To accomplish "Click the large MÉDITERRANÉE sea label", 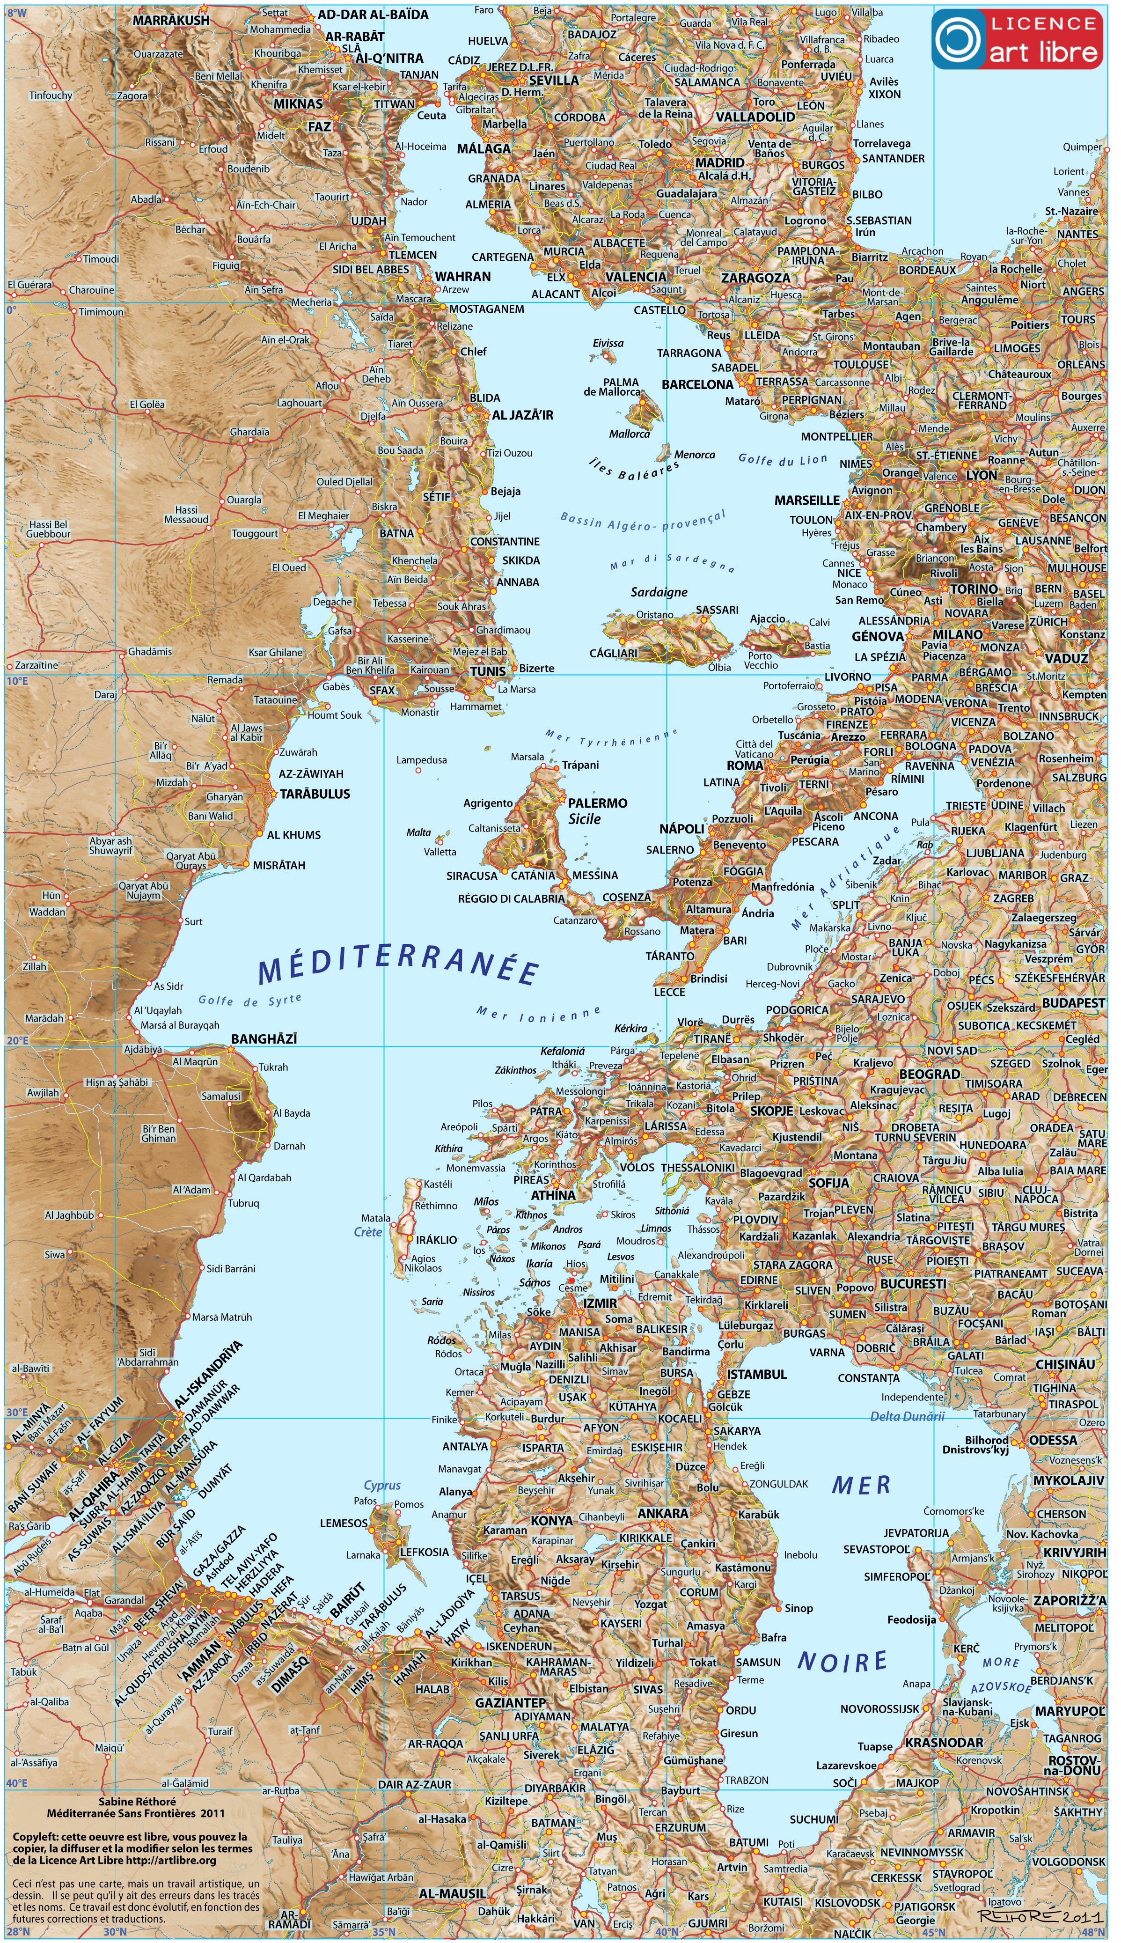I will point(397,969).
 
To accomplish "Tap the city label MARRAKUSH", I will point(171,20).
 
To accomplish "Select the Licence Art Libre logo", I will point(1016,39).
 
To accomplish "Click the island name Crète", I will point(368,1231).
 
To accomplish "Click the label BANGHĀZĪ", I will point(264,1039).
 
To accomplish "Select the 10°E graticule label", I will point(17,681).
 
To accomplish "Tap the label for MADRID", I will point(720,162).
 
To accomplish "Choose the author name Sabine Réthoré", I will point(137,1801).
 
